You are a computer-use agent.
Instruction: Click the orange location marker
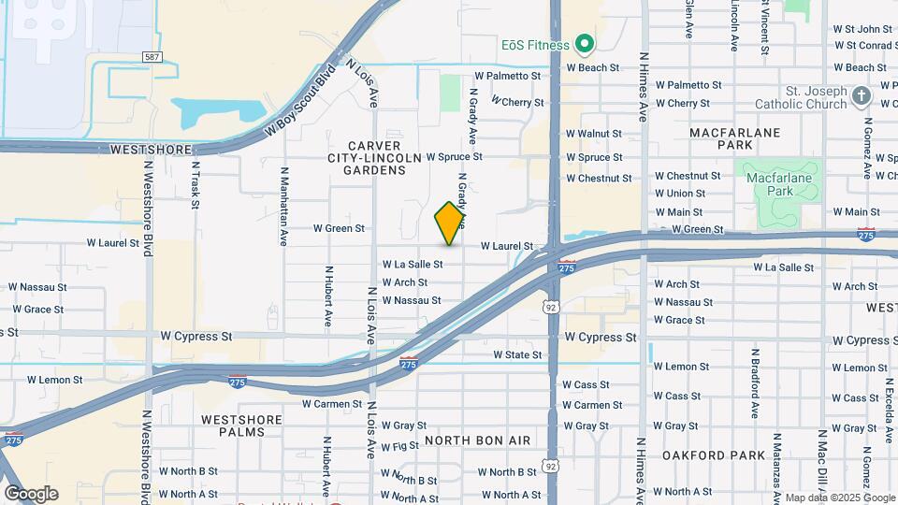pos(450,224)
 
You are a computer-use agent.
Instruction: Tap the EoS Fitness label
pos(534,44)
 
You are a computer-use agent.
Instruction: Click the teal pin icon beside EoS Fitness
pos(586,44)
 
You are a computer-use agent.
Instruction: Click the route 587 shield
pos(152,57)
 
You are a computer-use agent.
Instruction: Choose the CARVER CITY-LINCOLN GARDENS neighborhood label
pos(374,158)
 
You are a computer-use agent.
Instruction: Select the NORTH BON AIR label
pos(477,440)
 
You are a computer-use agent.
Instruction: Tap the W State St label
pos(517,355)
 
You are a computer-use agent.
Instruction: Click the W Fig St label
pos(393,447)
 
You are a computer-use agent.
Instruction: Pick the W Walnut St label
pos(594,135)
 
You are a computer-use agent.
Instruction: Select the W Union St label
pos(680,194)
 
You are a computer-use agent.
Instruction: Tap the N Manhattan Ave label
pos(283,207)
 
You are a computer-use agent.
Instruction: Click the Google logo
pos(31,493)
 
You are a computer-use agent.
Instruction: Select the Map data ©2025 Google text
pos(839,498)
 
